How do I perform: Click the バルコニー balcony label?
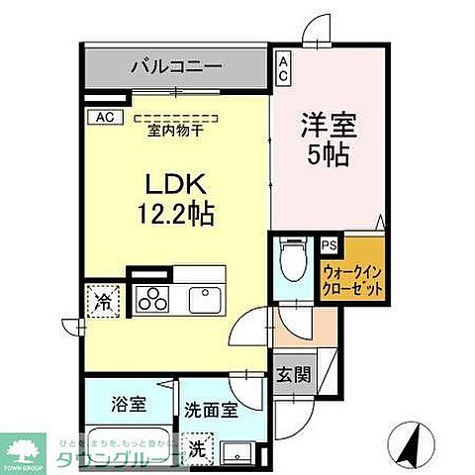[175, 68]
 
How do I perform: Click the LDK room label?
[177, 185]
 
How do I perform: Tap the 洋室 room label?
[328, 127]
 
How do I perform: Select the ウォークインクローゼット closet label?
[351, 279]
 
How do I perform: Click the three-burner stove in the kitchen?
[155, 297]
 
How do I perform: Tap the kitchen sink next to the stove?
[207, 297]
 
